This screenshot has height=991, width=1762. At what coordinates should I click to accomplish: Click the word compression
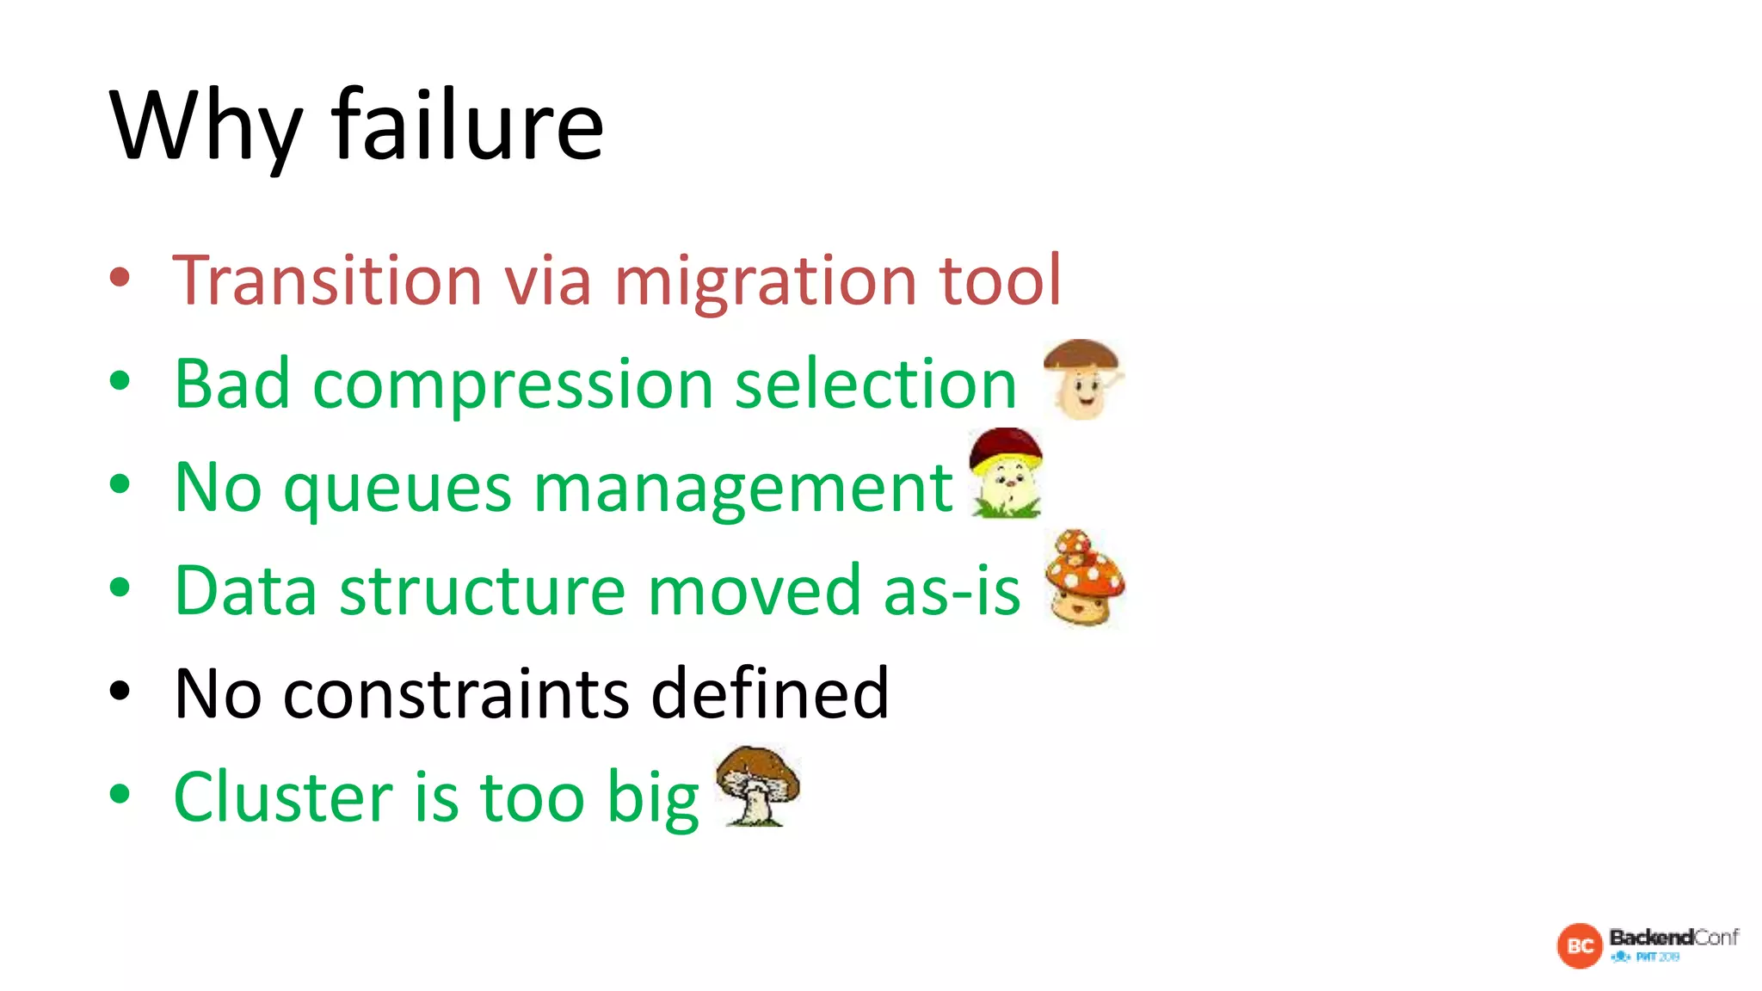tap(513, 385)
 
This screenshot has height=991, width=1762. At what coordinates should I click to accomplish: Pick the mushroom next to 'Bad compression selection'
tap(1082, 379)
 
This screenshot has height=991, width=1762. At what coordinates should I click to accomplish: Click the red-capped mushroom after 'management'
tap(1006, 473)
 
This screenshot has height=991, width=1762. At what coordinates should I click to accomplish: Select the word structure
tap(483, 590)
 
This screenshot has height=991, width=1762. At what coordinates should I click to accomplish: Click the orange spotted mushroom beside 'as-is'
tap(1084, 578)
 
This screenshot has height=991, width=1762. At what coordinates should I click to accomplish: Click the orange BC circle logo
tap(1580, 945)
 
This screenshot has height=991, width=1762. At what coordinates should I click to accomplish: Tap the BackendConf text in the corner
tap(1673, 937)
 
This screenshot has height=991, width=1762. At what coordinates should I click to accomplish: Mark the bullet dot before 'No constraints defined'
tap(120, 691)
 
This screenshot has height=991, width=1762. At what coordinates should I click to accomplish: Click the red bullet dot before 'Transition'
tap(120, 277)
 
